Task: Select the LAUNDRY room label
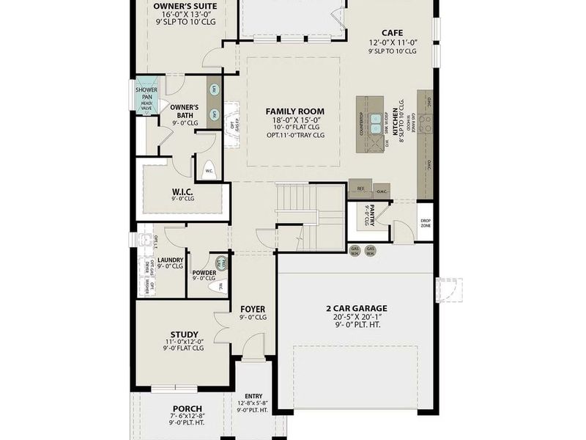pyautogui.click(x=171, y=260)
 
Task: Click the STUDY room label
pyautogui.click(x=185, y=334)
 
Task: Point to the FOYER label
pyautogui.click(x=253, y=309)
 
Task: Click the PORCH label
pyautogui.click(x=188, y=408)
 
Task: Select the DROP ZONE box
pyautogui.click(x=425, y=223)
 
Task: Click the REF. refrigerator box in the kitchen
pyautogui.click(x=360, y=188)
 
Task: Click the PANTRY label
pyautogui.click(x=382, y=208)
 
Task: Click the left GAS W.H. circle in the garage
pyautogui.click(x=355, y=251)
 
